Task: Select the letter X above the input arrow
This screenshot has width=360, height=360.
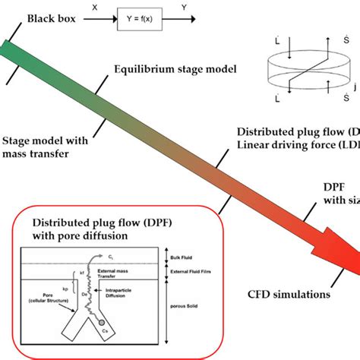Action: [x=94, y=6]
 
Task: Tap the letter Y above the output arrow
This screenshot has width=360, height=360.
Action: [x=184, y=6]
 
